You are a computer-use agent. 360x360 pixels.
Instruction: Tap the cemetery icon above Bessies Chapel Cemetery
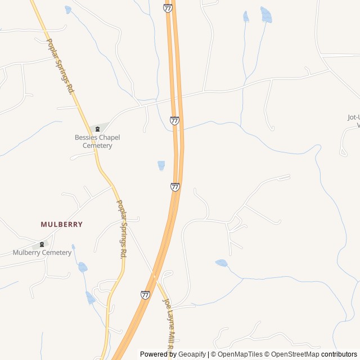tap(97, 129)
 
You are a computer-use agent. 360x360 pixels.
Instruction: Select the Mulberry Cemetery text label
tap(42, 253)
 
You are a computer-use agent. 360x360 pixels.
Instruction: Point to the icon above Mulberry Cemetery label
tap(42, 245)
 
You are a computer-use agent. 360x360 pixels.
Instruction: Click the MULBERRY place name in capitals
tap(61, 224)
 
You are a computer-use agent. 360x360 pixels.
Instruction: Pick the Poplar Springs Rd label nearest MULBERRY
tap(121, 229)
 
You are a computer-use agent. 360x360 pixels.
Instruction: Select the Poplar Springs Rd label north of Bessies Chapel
tap(61, 66)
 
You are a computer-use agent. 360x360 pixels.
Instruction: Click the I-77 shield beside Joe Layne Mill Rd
tap(145, 295)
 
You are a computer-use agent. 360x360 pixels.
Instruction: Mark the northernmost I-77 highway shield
tap(168, 8)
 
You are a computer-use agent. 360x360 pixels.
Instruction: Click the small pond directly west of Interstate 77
tap(161, 165)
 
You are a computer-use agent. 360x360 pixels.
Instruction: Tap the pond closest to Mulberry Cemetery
tap(83, 267)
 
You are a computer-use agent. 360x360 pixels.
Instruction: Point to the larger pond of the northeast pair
tap(266, 15)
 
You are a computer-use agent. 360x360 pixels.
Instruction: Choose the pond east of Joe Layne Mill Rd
tap(222, 263)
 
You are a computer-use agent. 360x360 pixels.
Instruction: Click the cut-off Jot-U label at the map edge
tap(353, 121)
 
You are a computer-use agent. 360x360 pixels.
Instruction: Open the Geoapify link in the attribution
tap(192, 354)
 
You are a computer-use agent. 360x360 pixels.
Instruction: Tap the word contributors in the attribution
tap(339, 354)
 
